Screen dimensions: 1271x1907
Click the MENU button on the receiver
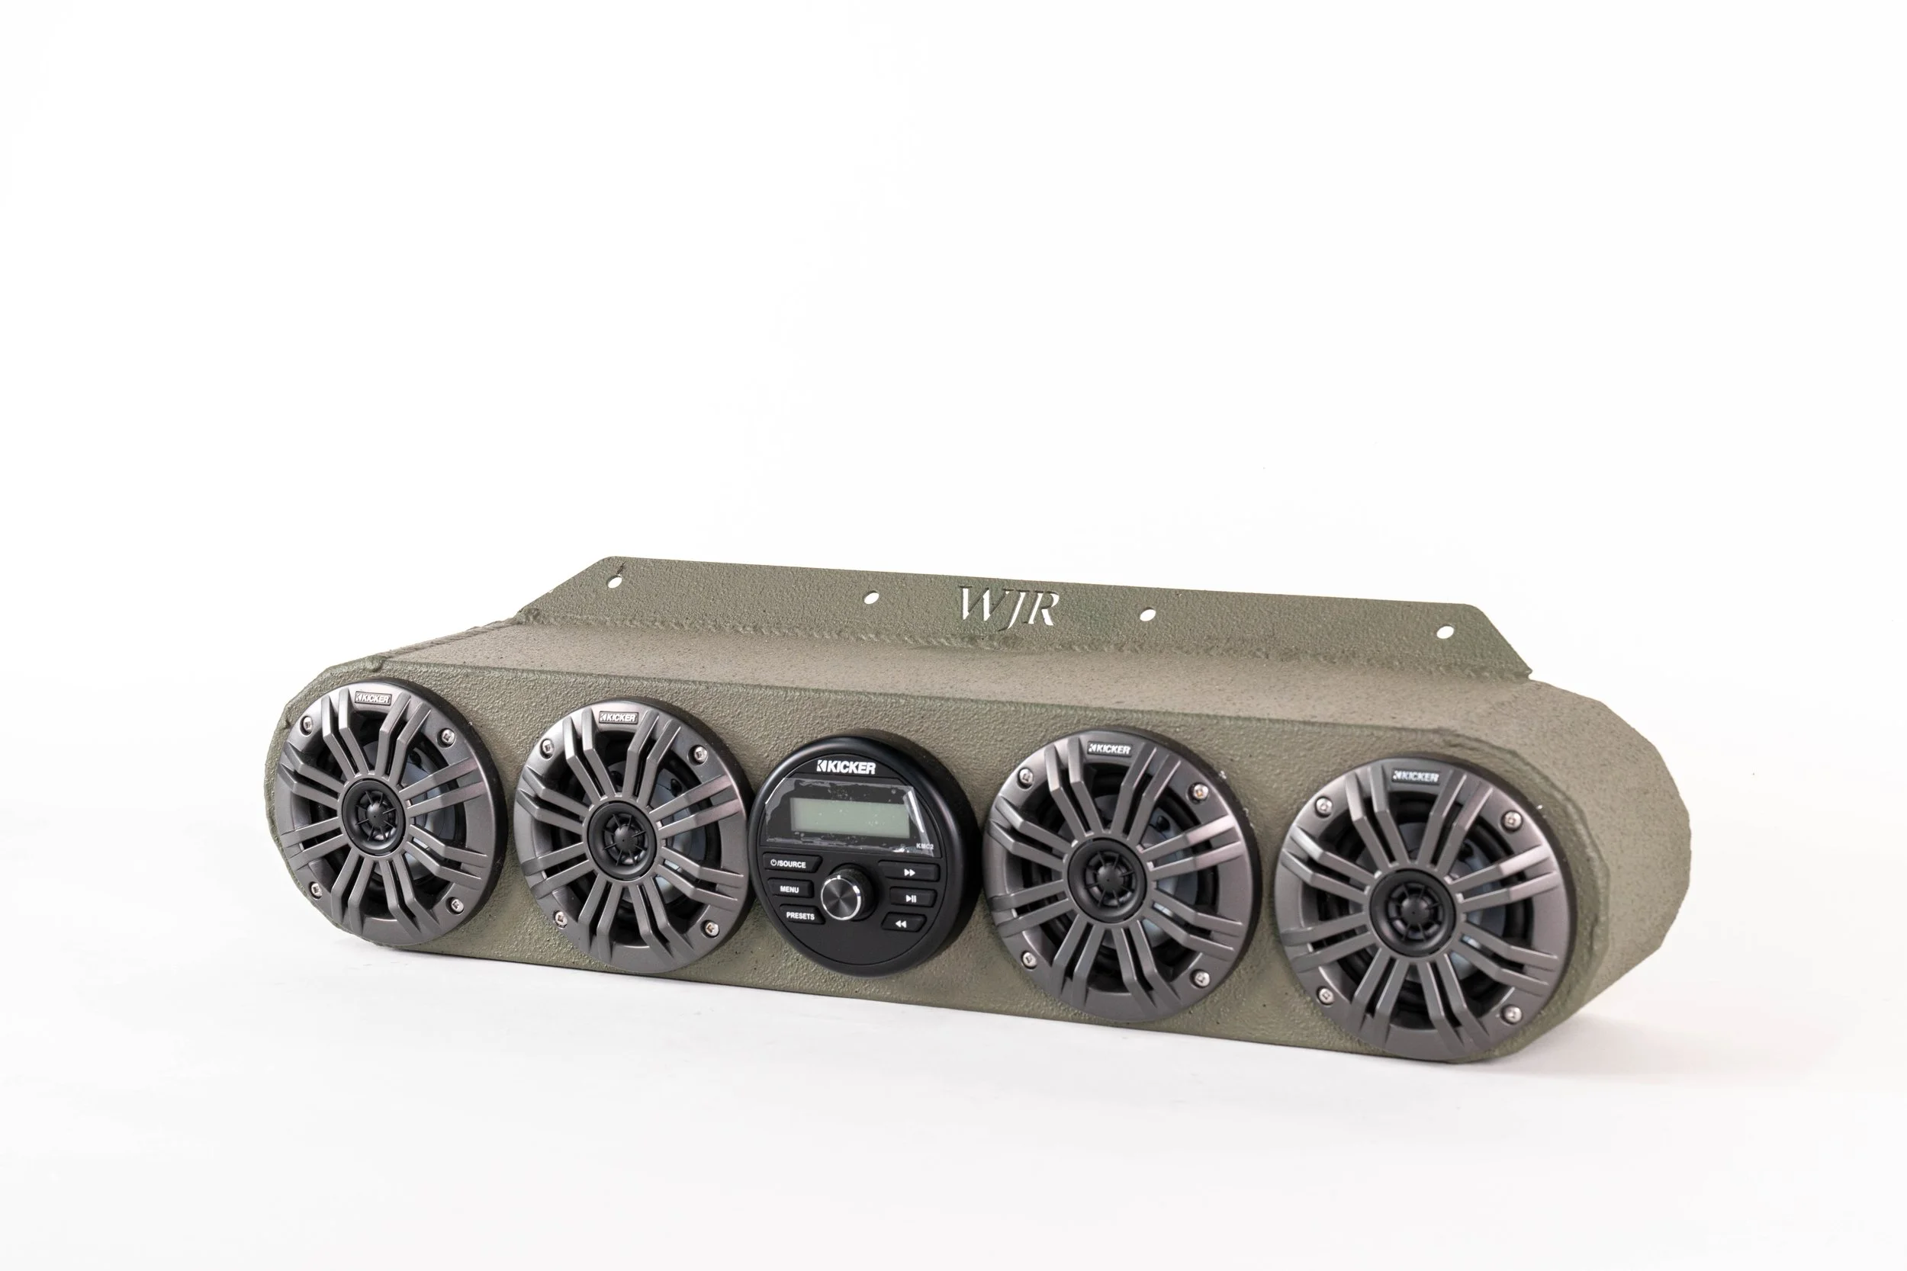click(x=789, y=889)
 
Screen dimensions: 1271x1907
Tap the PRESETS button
click(x=799, y=915)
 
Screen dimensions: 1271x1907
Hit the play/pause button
click(x=911, y=897)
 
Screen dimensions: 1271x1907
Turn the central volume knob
click(x=841, y=894)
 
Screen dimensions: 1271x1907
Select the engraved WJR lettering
click(x=1008, y=607)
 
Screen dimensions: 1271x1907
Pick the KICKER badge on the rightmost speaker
click(x=1416, y=776)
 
